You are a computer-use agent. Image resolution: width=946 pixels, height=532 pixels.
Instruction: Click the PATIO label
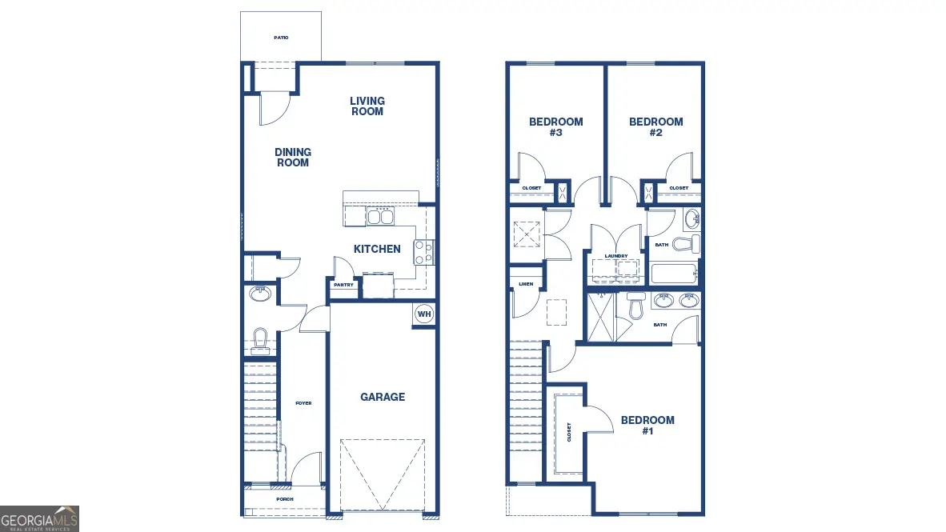281,38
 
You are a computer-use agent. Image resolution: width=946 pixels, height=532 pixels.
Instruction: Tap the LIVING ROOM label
367,106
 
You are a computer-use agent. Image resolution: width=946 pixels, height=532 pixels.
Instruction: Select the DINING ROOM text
292,158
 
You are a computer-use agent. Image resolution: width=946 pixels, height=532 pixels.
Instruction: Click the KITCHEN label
377,249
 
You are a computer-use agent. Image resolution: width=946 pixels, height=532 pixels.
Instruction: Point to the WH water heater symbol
423,314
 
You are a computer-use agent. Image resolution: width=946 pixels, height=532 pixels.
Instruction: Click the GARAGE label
382,397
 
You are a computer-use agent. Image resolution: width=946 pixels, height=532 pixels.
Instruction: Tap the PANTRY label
343,285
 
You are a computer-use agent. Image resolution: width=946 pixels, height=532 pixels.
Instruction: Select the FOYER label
303,403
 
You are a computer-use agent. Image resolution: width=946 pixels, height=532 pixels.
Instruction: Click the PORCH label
284,499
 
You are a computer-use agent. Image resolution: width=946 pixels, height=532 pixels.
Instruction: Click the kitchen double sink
380,216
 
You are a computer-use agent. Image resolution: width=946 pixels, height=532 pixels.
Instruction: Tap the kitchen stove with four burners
423,253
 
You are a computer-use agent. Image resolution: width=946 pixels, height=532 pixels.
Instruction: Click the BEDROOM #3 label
555,127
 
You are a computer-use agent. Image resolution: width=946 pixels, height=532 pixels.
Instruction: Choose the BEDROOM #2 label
655,127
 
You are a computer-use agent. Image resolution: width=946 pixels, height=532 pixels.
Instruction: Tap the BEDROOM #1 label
647,426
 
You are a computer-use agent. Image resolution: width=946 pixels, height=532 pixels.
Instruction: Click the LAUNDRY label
615,256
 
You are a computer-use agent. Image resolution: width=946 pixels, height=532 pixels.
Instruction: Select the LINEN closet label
525,284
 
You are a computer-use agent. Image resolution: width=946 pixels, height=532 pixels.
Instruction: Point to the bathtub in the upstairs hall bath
673,274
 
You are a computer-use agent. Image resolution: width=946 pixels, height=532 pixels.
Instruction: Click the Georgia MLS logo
40,518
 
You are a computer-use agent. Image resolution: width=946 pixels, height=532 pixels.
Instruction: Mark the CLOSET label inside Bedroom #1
569,432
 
